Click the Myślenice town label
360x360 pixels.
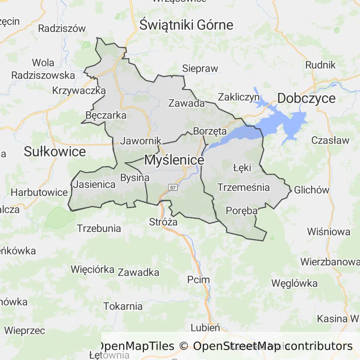(174, 160)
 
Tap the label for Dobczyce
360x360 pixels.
(307, 98)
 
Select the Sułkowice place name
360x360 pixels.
(55, 152)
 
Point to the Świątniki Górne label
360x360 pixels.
(186, 25)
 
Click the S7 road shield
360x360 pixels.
(173, 187)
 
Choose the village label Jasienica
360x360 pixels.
(94, 185)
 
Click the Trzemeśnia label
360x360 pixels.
(244, 187)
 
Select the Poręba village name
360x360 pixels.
(242, 210)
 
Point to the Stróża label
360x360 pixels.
(163, 222)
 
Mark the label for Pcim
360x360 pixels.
(198, 280)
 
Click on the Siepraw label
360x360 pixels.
(200, 68)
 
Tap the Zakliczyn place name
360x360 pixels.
(239, 97)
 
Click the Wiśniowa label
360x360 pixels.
(329, 232)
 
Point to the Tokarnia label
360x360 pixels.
(123, 307)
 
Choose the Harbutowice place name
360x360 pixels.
(39, 192)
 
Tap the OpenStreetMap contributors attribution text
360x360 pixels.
(273, 346)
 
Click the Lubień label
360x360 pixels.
(205, 328)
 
